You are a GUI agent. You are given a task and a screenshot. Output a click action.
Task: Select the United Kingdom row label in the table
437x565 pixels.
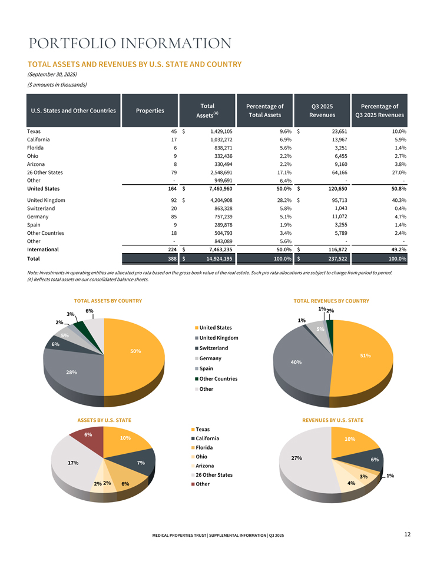pos(46,200)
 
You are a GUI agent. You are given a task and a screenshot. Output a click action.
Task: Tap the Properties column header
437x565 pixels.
pos(150,110)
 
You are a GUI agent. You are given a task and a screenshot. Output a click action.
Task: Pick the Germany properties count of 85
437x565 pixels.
pos(173,217)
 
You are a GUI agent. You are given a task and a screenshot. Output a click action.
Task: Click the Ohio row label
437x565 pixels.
pos(34,157)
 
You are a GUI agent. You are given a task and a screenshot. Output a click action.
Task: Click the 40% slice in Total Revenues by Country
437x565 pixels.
pos(294,362)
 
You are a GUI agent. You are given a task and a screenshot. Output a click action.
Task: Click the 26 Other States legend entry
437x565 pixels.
pos(216,475)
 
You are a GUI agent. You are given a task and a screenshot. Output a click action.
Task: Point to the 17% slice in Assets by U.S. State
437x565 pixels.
pos(74,463)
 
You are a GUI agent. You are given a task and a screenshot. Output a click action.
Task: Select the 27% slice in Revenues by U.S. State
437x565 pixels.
pos(297,458)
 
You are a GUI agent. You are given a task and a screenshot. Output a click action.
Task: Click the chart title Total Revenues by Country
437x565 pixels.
pos(331,301)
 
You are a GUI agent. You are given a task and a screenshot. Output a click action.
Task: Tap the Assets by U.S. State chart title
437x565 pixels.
pos(104,420)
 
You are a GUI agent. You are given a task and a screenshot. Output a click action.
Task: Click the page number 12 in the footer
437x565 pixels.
pos(407,534)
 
